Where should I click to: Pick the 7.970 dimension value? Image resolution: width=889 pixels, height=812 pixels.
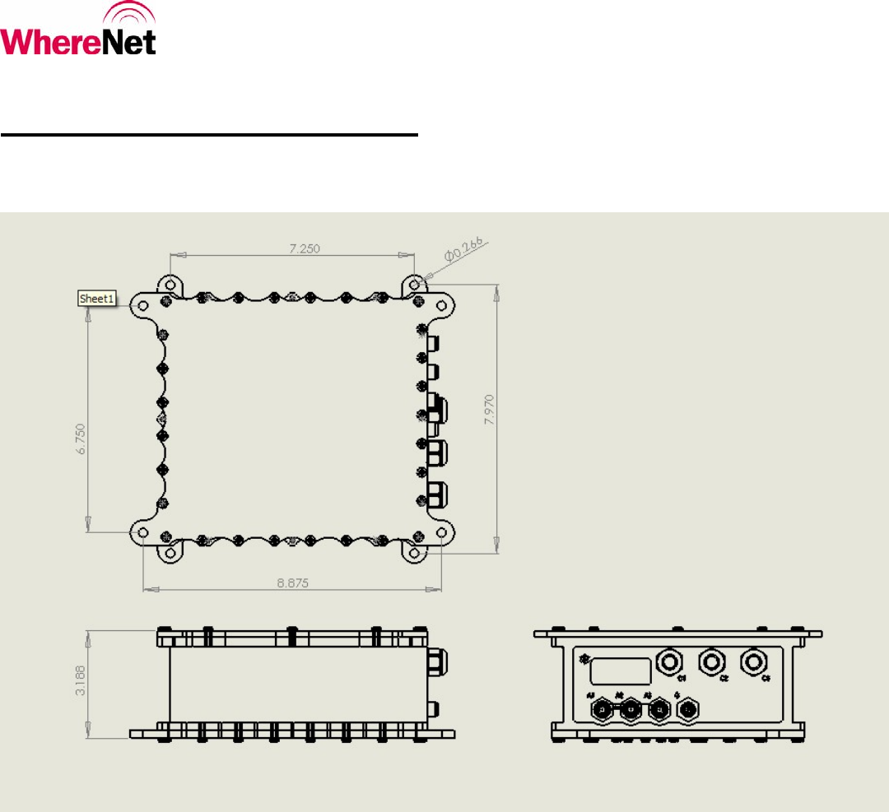click(490, 409)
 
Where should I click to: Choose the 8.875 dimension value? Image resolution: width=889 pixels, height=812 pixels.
click(293, 582)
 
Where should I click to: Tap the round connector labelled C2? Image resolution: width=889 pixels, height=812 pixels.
click(710, 661)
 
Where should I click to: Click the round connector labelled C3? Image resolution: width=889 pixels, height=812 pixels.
click(753, 661)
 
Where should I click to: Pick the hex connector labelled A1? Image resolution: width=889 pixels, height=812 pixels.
click(603, 709)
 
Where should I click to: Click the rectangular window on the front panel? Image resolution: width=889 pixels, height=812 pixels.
click(613, 670)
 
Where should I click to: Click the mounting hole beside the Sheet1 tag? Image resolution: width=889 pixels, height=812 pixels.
click(143, 305)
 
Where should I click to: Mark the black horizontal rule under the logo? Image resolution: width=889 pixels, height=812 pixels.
click(209, 134)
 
